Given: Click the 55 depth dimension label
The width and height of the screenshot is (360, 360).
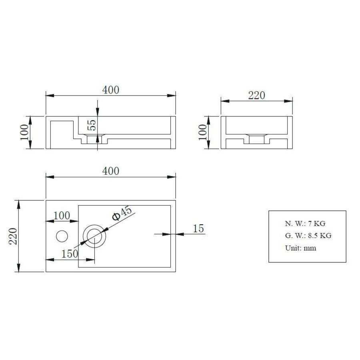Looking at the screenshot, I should point(92,126).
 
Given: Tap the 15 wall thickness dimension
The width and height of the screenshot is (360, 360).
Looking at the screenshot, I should point(198,228).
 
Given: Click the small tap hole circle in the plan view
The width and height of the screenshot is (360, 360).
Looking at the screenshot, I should point(62,236).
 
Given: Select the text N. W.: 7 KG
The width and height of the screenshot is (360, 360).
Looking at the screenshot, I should point(305,224).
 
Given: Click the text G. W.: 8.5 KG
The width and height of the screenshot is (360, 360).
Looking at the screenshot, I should point(308,236).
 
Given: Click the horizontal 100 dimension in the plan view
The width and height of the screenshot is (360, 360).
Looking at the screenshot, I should point(62,215).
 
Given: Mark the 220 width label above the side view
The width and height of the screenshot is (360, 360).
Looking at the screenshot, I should point(257,96).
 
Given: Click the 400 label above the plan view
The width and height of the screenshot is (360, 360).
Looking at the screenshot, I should point(111,171).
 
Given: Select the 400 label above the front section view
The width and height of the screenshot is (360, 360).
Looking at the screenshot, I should point(111,90).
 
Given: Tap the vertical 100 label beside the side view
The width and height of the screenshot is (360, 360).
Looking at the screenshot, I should point(202,132).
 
